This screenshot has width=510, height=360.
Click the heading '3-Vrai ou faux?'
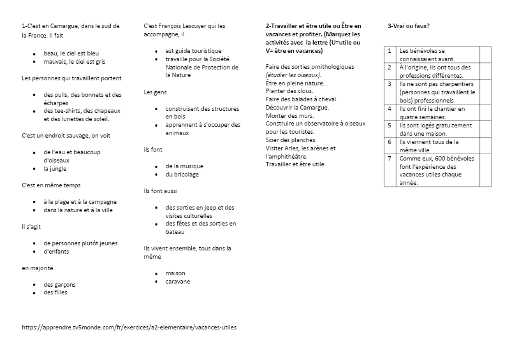[x=408, y=26]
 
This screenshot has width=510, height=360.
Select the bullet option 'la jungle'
[x=55, y=169]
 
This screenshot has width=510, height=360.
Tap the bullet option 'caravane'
[x=177, y=282]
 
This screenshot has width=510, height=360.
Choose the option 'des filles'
[x=55, y=292]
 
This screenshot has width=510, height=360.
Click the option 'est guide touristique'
[x=193, y=50]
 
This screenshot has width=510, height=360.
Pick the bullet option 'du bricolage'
[x=182, y=175]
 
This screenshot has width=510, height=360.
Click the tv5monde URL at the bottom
[x=124, y=328]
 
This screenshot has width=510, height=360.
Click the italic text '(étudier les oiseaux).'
[x=293, y=75]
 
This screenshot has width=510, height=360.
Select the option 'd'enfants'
[x=56, y=251]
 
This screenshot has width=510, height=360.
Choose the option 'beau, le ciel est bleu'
[x=71, y=54]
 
